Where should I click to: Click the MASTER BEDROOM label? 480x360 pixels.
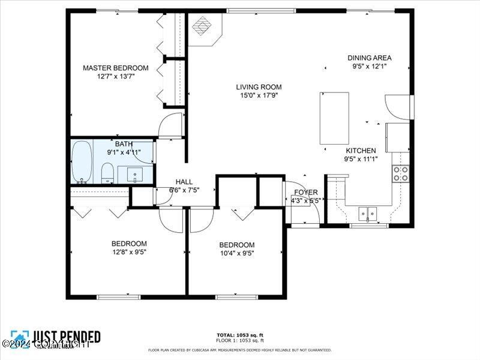click(115, 68)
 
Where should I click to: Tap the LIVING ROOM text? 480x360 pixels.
click(258, 87)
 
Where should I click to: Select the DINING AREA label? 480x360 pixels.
click(369, 58)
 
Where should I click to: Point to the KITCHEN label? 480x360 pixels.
click(361, 151)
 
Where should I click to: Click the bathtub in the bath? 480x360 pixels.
click(81, 162)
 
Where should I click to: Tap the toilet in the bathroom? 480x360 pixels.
click(107, 173)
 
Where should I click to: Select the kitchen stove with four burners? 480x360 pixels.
click(401, 173)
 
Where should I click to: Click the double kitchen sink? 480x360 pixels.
click(367, 212)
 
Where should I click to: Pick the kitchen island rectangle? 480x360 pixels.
click(334, 118)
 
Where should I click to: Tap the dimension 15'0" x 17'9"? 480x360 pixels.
click(258, 95)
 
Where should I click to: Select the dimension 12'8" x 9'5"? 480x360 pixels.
click(129, 252)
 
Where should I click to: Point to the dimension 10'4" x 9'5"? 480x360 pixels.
click(236, 253)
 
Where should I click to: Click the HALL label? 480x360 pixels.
click(184, 182)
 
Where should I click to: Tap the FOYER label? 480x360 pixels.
click(305, 193)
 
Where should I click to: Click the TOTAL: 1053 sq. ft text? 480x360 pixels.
click(240, 335)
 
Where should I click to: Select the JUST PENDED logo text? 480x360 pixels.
click(66, 337)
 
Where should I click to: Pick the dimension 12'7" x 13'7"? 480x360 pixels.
click(115, 76)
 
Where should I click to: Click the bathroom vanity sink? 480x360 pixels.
click(134, 174)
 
